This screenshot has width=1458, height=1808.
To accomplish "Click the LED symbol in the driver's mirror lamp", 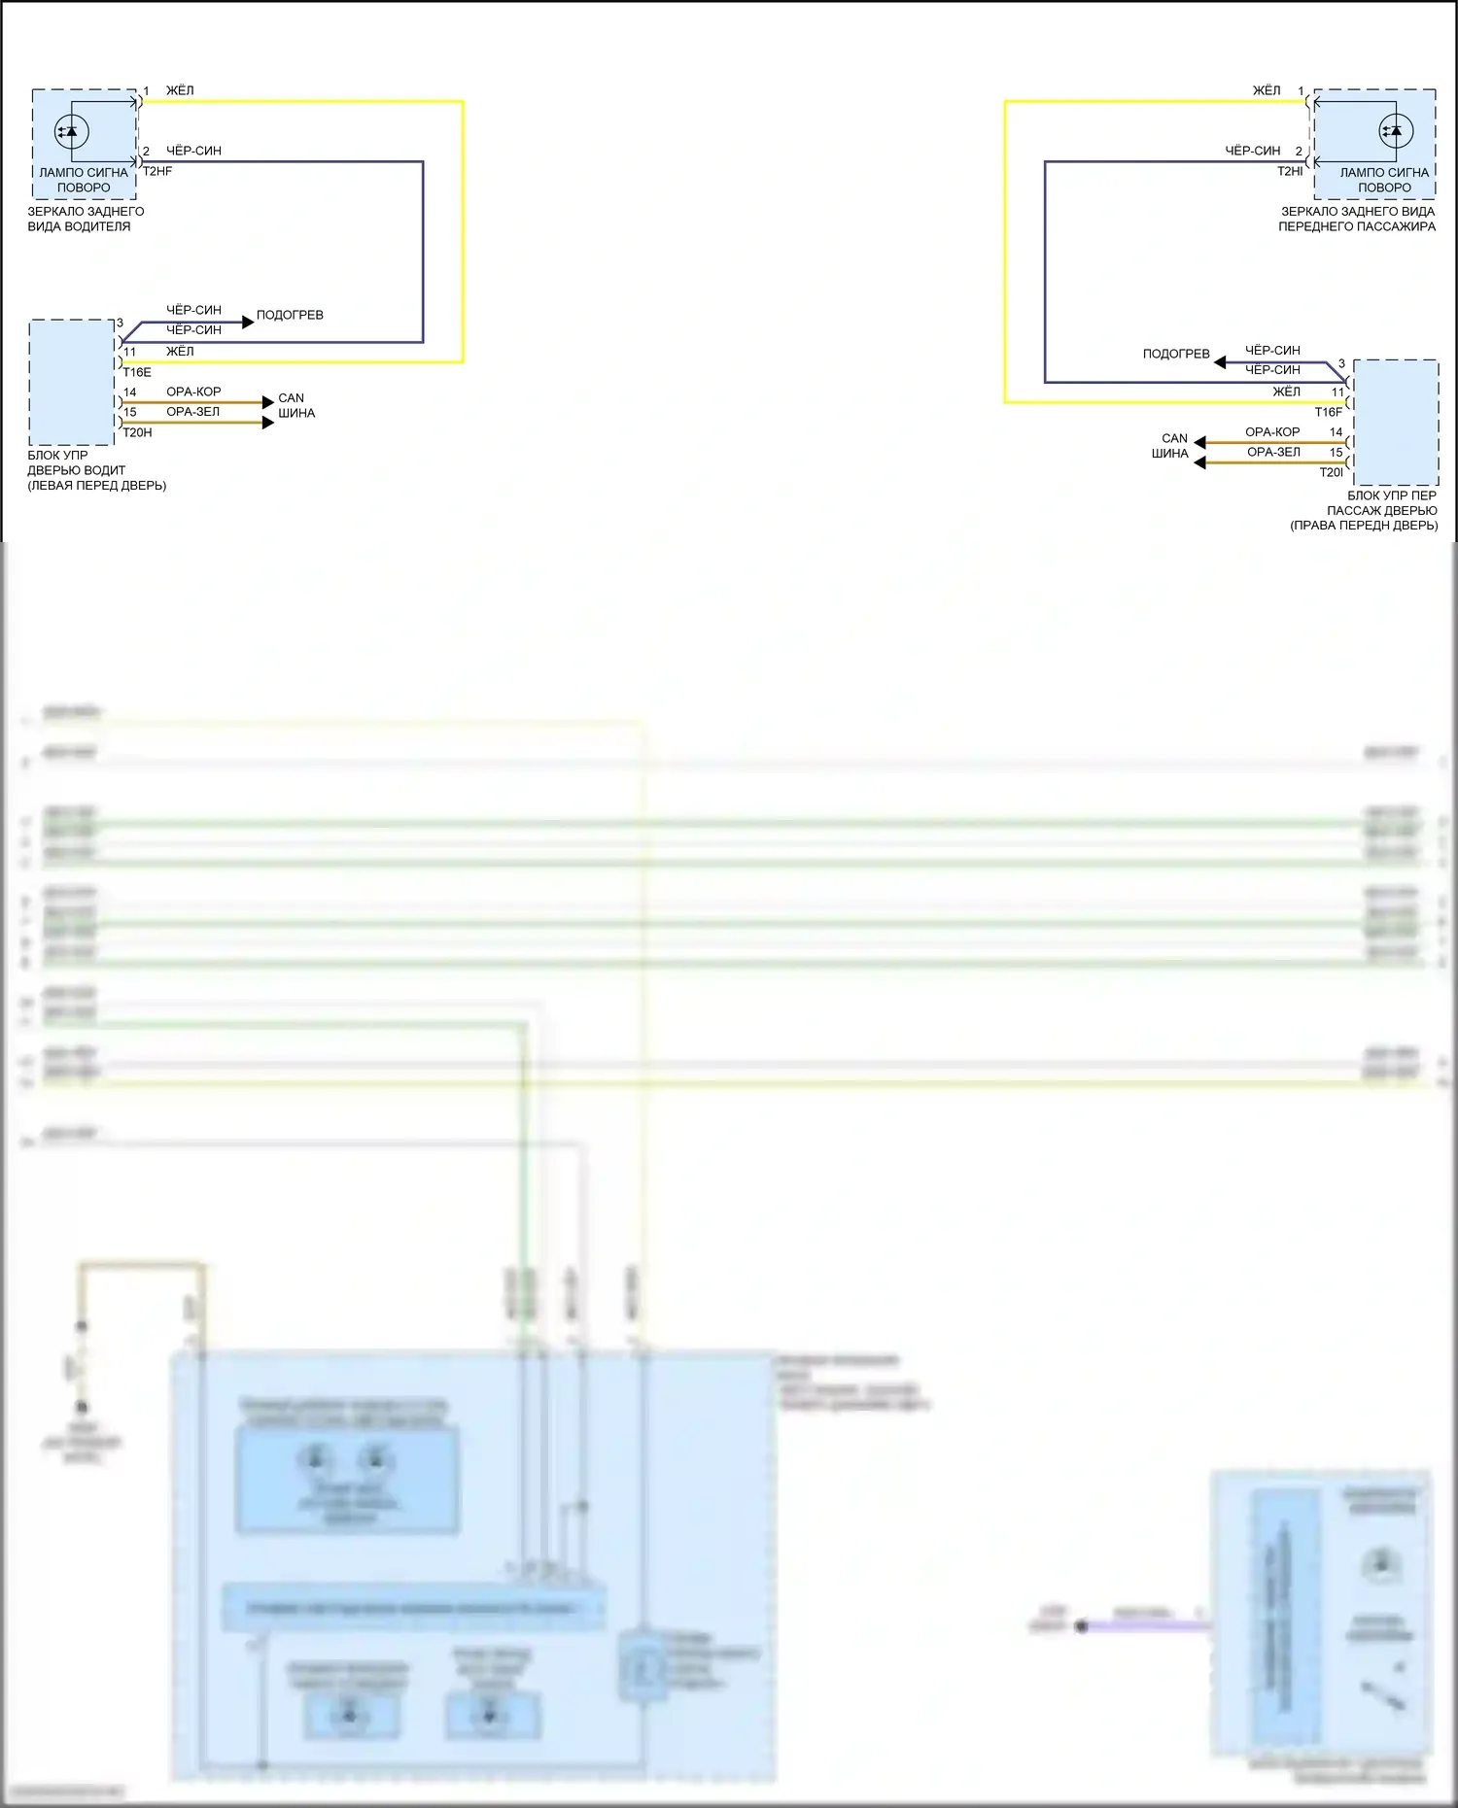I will [71, 131].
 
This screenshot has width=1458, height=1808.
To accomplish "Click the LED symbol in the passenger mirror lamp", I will [1397, 131].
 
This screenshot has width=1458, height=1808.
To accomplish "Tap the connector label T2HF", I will [157, 171].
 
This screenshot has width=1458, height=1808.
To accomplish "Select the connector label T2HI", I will [1290, 171].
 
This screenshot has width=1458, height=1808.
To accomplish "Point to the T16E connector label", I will [137, 372].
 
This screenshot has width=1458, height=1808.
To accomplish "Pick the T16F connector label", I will [1328, 412].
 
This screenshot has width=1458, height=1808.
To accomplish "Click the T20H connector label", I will [137, 432].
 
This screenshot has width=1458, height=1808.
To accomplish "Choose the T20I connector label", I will [1331, 472].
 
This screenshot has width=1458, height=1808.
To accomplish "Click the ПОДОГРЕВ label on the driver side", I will [290, 315].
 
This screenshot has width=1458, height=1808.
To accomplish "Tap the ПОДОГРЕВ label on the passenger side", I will [1176, 354].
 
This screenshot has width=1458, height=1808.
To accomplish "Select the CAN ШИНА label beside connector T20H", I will [295, 405].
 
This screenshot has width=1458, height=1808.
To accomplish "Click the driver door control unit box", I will [72, 383].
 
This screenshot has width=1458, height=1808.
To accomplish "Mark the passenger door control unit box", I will [1396, 423].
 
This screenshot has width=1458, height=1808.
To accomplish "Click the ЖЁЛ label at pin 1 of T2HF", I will [180, 90].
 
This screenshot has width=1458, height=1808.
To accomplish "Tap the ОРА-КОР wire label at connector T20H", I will [193, 392].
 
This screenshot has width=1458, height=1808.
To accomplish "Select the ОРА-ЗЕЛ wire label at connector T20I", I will [1273, 452].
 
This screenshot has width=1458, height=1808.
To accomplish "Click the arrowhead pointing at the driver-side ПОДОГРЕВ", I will [248, 322].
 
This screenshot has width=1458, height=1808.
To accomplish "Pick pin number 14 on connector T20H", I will [130, 392].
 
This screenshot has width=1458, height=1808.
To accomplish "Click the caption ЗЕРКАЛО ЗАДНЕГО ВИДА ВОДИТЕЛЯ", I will [85, 219].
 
